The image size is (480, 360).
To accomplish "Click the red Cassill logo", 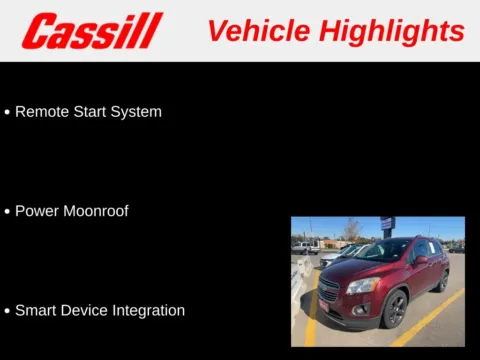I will (x=91, y=31).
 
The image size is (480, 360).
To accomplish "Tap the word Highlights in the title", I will (x=392, y=31).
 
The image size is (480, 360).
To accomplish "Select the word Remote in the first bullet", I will (x=42, y=112).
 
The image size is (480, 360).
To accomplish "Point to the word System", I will (x=138, y=112).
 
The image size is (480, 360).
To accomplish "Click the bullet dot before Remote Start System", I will (x=7, y=113).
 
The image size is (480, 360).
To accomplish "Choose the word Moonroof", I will (x=96, y=211).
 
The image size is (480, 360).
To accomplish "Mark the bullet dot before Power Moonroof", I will (x=7, y=212).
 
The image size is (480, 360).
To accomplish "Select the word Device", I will (x=87, y=310).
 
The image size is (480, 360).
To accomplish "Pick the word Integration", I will (x=149, y=310).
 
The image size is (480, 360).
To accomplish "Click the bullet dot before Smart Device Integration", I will (x=7, y=311).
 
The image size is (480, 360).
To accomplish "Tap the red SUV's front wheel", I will (x=394, y=309).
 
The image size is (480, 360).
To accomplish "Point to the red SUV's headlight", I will (x=363, y=285).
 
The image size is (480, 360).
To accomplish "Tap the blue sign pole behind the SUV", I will (x=387, y=230).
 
